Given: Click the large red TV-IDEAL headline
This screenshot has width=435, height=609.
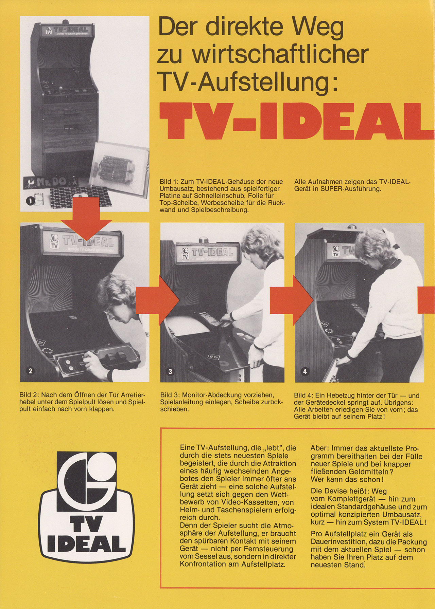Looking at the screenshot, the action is click(x=297, y=121).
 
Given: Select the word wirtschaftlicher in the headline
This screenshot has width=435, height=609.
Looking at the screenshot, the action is click(x=280, y=55).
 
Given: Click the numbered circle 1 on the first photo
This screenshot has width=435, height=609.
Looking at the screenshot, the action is click(x=30, y=201).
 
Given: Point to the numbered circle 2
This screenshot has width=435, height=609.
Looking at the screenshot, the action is click(x=30, y=371).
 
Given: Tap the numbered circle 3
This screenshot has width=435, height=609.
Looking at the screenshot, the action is click(x=170, y=371).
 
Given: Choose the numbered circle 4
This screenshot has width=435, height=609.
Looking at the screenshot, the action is click(x=304, y=371).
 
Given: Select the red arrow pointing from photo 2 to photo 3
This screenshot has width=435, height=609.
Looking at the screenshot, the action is click(x=157, y=300).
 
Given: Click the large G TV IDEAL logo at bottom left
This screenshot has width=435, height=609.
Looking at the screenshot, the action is click(x=86, y=506).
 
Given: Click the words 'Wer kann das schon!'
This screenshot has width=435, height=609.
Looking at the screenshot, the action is click(x=347, y=479).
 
